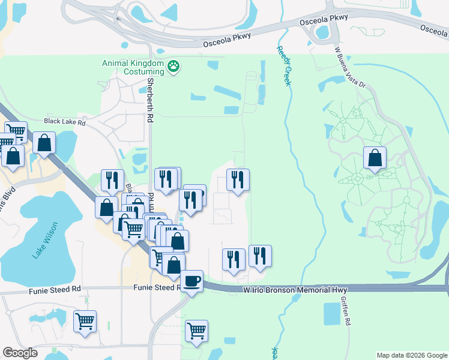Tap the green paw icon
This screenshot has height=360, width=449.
tap(173, 66)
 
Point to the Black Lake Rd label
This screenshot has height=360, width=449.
tap(65, 122)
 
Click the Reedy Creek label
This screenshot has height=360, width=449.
tap(284, 66)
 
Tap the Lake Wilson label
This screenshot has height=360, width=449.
tap(45, 241)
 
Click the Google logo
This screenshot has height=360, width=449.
tap(20, 353)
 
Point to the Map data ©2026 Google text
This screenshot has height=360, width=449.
tap(411, 355)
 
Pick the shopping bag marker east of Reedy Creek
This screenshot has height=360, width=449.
tap(375, 158)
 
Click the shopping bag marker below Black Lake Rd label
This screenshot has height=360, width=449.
tap(44, 143)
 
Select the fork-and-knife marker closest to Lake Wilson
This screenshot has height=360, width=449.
tap(112, 179)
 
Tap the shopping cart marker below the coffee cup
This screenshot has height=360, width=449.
tap(196, 331)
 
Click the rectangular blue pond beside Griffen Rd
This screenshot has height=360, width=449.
tap(331, 312)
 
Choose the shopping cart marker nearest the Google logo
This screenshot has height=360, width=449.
tap(85, 320)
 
